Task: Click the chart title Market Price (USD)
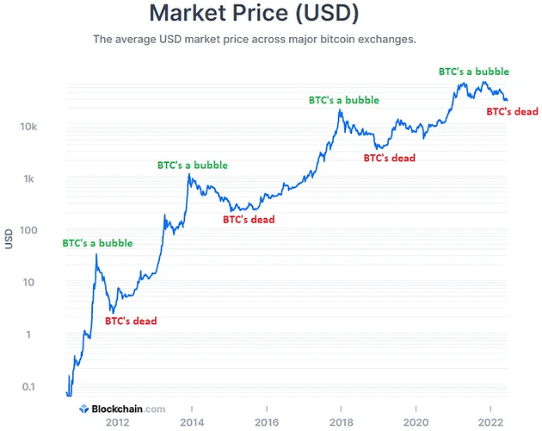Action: (x=254, y=14)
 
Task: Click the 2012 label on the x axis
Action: (x=117, y=422)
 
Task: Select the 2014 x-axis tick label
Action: (x=192, y=422)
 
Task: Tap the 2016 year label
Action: (x=267, y=422)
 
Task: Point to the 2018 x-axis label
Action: (x=342, y=422)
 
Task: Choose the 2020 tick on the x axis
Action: (x=416, y=422)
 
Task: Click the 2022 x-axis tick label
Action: (x=490, y=422)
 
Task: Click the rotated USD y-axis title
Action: (x=9, y=239)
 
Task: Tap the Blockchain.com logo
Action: (x=121, y=409)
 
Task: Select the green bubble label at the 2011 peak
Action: (x=97, y=243)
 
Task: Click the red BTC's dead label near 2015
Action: (x=249, y=220)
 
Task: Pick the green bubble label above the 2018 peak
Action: (x=344, y=100)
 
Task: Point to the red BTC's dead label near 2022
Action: (x=512, y=111)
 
